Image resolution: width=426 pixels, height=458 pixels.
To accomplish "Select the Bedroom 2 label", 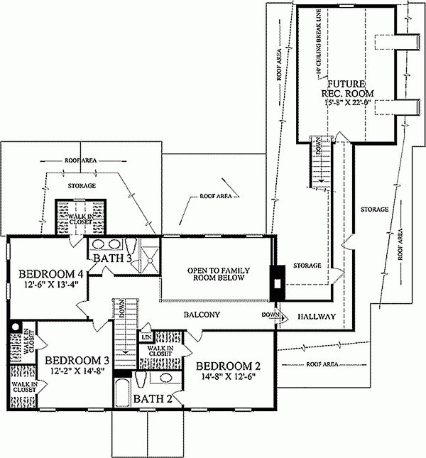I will coord(229,366).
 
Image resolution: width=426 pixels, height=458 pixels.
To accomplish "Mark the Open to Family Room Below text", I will coord(216,274).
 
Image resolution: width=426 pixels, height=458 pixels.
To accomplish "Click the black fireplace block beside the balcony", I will coord(275,280).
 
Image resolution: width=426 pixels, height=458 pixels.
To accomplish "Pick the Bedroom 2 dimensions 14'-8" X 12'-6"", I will coord(229,378).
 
